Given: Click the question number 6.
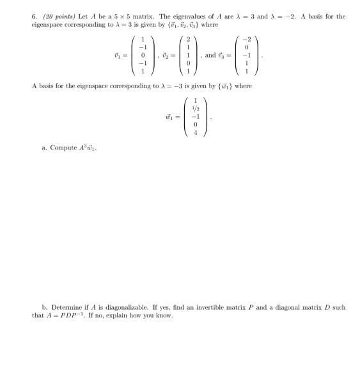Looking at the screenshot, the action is point(35,17).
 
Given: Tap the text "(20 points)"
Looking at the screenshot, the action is point(56,17).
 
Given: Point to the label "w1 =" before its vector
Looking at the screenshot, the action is point(169,116).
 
